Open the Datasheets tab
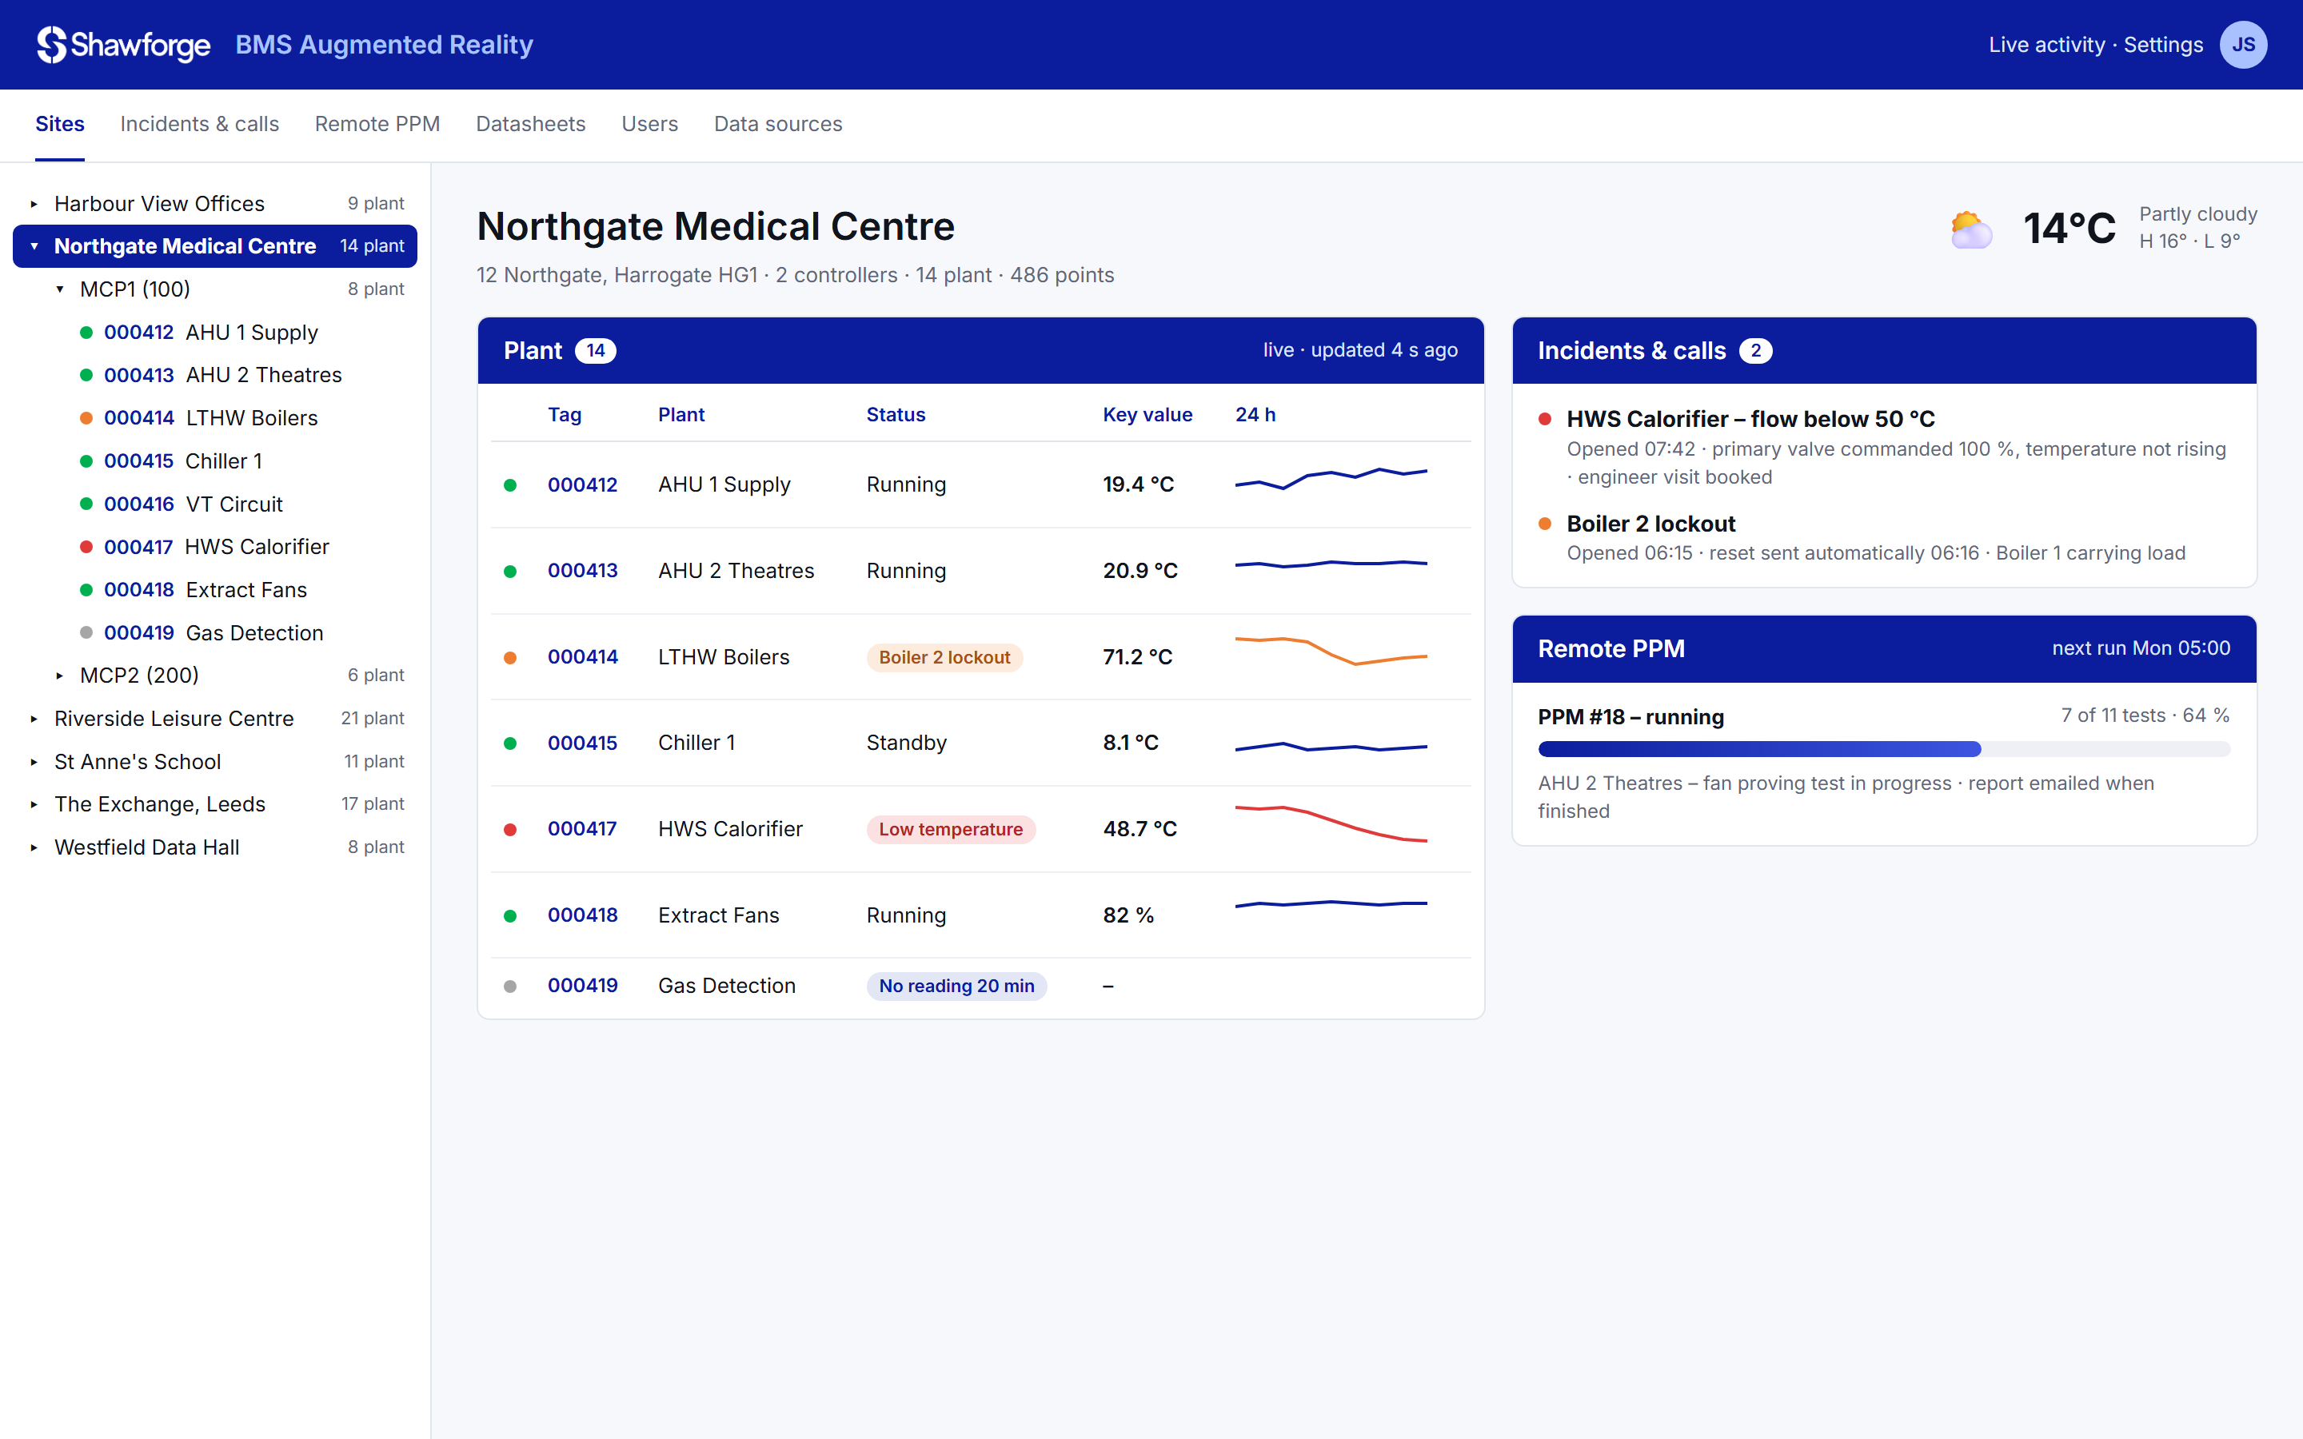pyautogui.click(x=530, y=124)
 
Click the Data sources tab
pyautogui.click(x=777, y=124)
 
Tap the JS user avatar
pyautogui.click(x=2243, y=45)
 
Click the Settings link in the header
pyautogui.click(x=2163, y=45)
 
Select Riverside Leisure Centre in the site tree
pyautogui.click(x=174, y=719)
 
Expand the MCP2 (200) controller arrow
pyautogui.click(x=59, y=676)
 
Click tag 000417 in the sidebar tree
pyautogui.click(x=138, y=548)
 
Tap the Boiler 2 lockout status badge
pyautogui.click(x=944, y=658)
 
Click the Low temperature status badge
pyautogui.click(x=951, y=829)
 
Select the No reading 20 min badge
pyautogui.click(x=956, y=986)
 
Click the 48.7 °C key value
pyautogui.click(x=1140, y=829)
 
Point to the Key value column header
pyautogui.click(x=1147, y=415)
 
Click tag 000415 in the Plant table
pyautogui.click(x=582, y=743)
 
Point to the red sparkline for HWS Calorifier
pyautogui.click(x=1331, y=824)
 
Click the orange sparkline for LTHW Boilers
pyautogui.click(x=1331, y=650)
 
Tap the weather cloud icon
pyautogui.click(x=1971, y=229)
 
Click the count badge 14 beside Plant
pyautogui.click(x=596, y=351)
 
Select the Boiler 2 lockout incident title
pyautogui.click(x=1650, y=524)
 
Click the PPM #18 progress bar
pyautogui.click(x=1883, y=750)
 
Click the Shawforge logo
pyautogui.click(x=124, y=45)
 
